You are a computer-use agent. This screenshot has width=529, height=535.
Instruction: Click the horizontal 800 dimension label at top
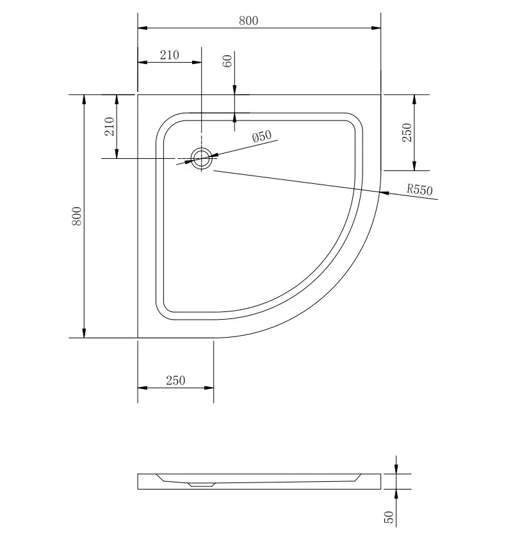coord(248,21)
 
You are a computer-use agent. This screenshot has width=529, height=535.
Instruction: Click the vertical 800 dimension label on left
coord(77,216)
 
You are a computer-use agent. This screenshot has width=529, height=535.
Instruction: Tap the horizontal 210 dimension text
coord(170,55)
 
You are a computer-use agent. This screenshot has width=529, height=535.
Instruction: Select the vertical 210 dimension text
coord(110,126)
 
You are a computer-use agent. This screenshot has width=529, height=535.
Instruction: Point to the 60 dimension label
coord(227,61)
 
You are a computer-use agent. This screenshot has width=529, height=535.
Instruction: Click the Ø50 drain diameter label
coord(262,136)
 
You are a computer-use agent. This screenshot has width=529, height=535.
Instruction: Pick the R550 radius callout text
coord(419,190)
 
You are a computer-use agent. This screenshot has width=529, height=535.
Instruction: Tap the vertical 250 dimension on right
coord(407,133)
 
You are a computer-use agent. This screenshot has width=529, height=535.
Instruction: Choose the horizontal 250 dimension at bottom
coord(175,381)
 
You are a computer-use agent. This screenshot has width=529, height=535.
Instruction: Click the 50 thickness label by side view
coord(389,517)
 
